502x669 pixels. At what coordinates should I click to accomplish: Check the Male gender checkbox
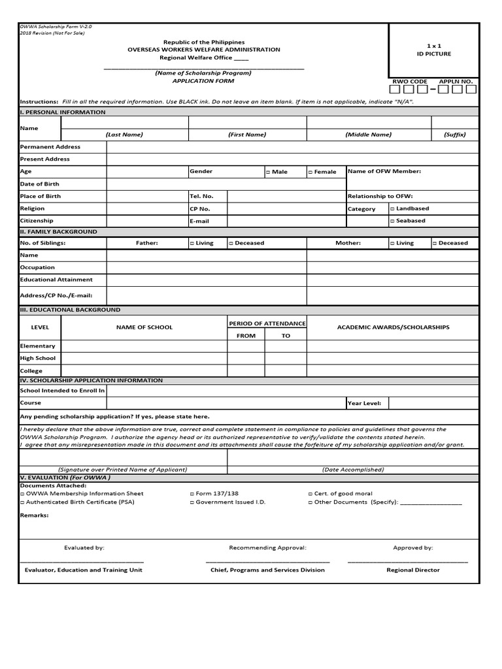(268, 172)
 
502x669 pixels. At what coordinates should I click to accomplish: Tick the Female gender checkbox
(310, 172)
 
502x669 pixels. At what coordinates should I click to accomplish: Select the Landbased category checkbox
(392, 208)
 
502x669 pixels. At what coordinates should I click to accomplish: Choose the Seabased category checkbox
(392, 221)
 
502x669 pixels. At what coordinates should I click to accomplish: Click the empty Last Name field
(148, 123)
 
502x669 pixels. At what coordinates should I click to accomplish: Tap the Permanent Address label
(50, 147)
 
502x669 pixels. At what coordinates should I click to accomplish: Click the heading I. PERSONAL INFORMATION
(63, 112)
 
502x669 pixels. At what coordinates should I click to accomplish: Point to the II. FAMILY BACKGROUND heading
(59, 232)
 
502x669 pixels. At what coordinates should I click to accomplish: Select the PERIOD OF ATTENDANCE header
(267, 323)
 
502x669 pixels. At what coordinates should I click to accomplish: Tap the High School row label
(38, 358)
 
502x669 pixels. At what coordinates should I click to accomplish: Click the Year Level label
(365, 404)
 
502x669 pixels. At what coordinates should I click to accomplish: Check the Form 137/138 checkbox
(192, 494)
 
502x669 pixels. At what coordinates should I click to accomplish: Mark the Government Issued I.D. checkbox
(192, 502)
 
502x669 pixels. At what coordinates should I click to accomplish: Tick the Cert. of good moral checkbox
(310, 494)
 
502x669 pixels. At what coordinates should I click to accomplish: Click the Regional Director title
(413, 570)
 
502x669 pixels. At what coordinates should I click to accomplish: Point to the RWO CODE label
(409, 82)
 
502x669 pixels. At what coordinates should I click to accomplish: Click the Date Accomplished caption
(353, 469)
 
